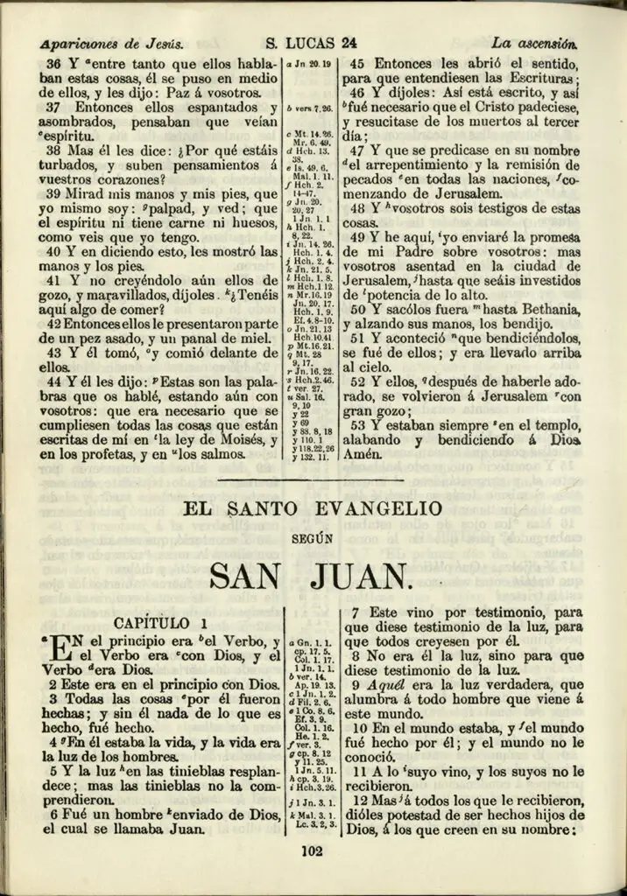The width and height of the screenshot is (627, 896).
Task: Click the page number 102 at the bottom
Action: [x=312, y=850]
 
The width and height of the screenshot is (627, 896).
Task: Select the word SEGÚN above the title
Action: [x=312, y=541]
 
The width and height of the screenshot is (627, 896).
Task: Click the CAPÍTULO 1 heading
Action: [x=162, y=623]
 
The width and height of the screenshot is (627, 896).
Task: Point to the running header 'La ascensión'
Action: [x=533, y=41]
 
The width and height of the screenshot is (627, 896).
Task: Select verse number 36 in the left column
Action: [x=53, y=65]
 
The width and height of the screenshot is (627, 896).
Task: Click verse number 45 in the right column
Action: [x=357, y=64]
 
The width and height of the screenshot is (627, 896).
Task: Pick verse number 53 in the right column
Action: [x=357, y=425]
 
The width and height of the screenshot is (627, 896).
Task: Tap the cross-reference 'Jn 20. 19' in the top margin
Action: [x=313, y=64]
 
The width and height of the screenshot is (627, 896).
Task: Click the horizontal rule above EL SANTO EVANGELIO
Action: [x=311, y=479]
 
